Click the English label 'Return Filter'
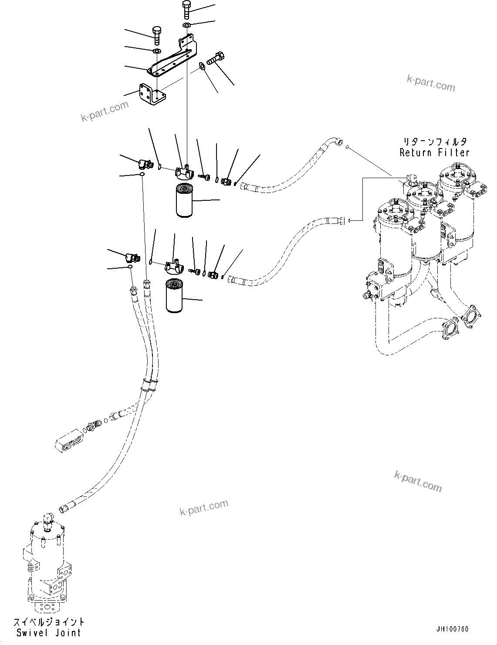(x=434, y=153)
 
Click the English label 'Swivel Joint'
(x=49, y=633)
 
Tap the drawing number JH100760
(x=452, y=629)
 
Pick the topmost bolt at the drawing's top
(x=186, y=9)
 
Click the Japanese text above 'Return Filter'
(x=434, y=142)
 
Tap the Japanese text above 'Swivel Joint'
(x=49, y=622)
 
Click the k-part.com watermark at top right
(x=431, y=83)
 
